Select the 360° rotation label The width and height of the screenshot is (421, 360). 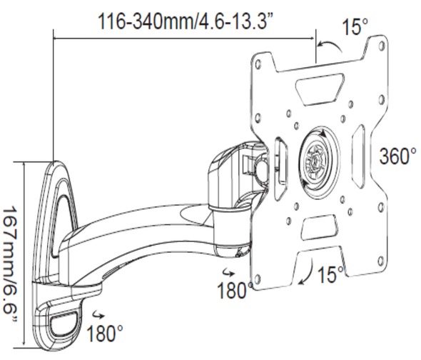[x=397, y=156]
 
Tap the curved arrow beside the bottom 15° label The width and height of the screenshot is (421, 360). [x=309, y=274]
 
